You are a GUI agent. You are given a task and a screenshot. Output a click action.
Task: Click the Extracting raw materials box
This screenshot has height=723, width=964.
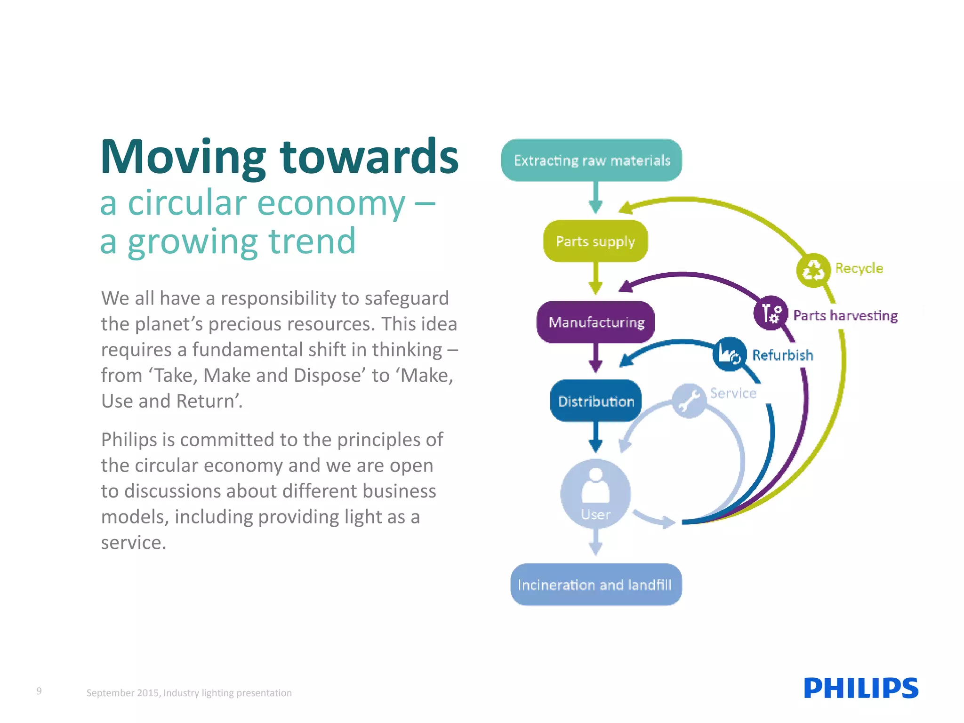pos(591,161)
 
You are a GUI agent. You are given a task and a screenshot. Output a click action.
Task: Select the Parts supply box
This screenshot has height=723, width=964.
pos(595,241)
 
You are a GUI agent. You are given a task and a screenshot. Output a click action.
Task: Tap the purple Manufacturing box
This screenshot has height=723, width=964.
pos(595,322)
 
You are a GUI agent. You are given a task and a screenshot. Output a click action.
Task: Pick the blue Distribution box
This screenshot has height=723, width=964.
pos(595,401)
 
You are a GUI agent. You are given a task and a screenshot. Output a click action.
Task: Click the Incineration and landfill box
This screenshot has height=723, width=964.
pos(595,585)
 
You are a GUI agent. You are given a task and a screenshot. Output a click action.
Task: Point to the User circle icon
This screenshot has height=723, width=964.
pos(595,492)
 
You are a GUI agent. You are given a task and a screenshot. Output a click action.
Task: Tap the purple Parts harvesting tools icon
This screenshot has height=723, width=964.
pos(771,313)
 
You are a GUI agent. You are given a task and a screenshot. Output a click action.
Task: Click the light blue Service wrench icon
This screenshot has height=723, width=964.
pos(689,401)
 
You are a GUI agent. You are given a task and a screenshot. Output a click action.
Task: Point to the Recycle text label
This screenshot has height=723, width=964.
pos(859,268)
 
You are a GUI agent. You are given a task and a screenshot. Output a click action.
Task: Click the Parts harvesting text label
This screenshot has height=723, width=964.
pos(845,315)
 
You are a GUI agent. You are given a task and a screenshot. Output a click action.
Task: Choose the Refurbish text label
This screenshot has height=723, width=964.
pos(783,355)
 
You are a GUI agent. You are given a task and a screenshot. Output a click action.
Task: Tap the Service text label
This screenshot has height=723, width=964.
pos(733,393)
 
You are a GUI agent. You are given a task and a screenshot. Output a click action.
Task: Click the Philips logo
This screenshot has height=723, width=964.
pos(861,688)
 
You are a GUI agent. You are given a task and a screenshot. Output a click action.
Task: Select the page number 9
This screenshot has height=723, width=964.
pos(39,691)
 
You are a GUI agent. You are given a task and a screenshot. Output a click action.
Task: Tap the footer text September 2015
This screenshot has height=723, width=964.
pos(123,693)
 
